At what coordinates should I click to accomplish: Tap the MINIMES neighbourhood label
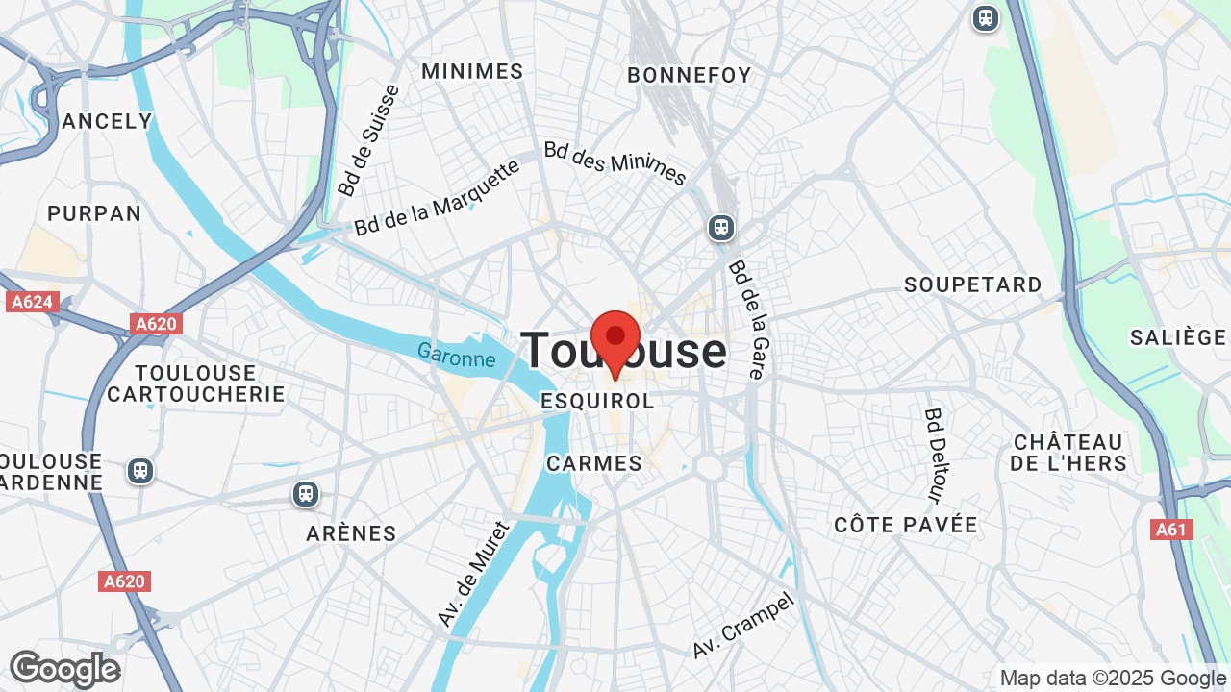(x=472, y=71)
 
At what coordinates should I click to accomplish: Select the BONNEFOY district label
(x=690, y=75)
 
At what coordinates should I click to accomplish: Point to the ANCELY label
(x=107, y=121)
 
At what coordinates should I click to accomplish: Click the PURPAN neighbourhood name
(x=94, y=213)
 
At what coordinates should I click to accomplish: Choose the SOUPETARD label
(x=973, y=284)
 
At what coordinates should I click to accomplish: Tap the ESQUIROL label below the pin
(x=597, y=401)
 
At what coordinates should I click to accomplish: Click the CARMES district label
(x=594, y=463)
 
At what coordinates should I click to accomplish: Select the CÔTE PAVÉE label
(x=906, y=525)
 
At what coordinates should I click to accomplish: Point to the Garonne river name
(x=456, y=356)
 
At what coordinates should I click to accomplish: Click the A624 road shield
(x=32, y=302)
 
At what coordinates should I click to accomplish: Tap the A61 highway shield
(x=1171, y=530)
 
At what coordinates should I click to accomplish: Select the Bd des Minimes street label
(x=615, y=163)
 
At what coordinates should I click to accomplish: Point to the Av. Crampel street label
(x=743, y=625)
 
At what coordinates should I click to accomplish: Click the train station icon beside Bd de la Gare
(x=721, y=228)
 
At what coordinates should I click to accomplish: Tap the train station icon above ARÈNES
(x=306, y=494)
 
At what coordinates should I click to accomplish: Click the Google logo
(x=64, y=670)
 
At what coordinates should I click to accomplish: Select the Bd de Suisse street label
(x=368, y=140)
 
